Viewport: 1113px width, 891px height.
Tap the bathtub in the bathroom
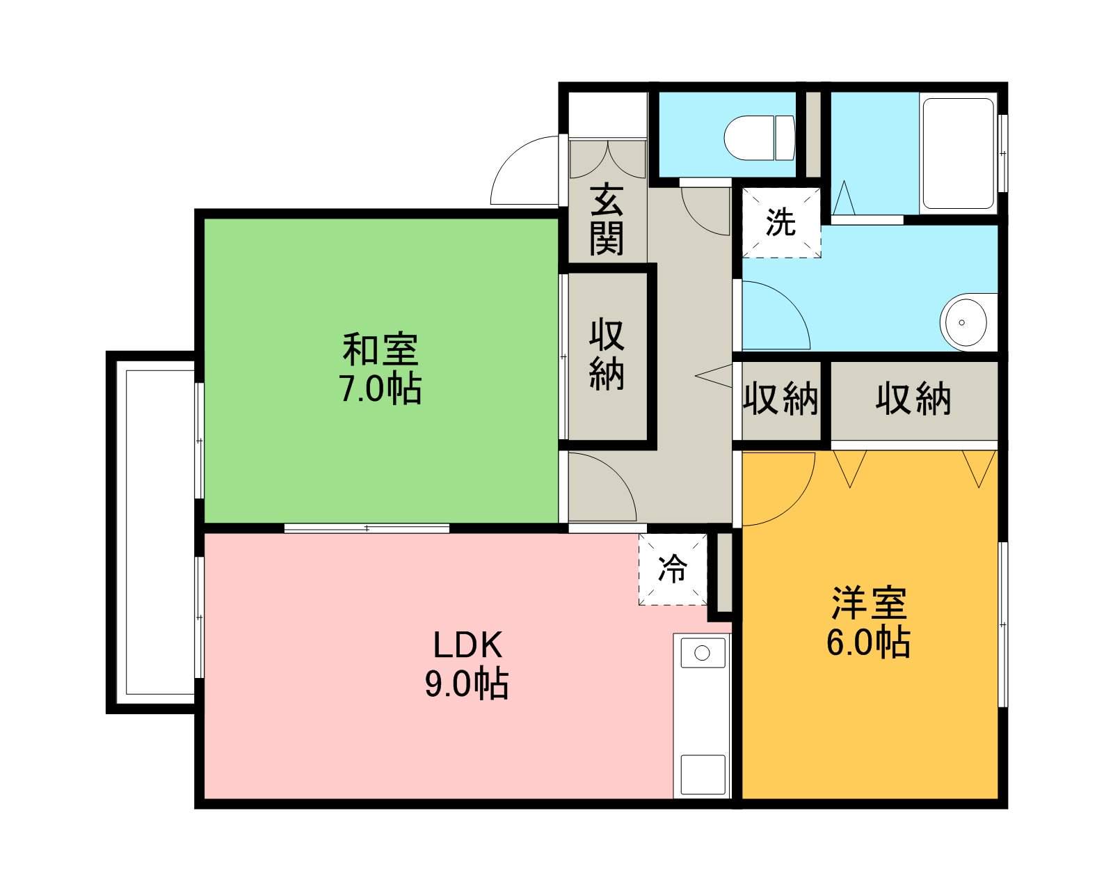pos(957,155)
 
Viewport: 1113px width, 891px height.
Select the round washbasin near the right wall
pos(963,322)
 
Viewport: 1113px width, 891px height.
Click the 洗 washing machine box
pos(781,223)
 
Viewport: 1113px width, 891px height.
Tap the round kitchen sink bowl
pos(702,653)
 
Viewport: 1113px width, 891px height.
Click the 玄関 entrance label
pos(607,219)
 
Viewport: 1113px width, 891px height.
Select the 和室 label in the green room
pos(380,350)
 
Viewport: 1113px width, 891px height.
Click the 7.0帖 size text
pos(380,390)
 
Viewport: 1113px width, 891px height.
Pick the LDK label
pos(467,645)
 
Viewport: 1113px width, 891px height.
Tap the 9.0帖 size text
pos(467,686)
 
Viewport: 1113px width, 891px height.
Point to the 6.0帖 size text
pos(869,643)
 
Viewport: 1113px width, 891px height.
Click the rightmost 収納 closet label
pos(913,400)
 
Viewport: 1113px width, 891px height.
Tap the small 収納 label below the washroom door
pos(781,400)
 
